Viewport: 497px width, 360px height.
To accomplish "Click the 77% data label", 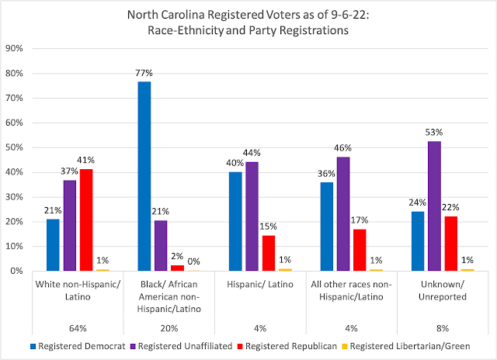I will pos(144,74).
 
